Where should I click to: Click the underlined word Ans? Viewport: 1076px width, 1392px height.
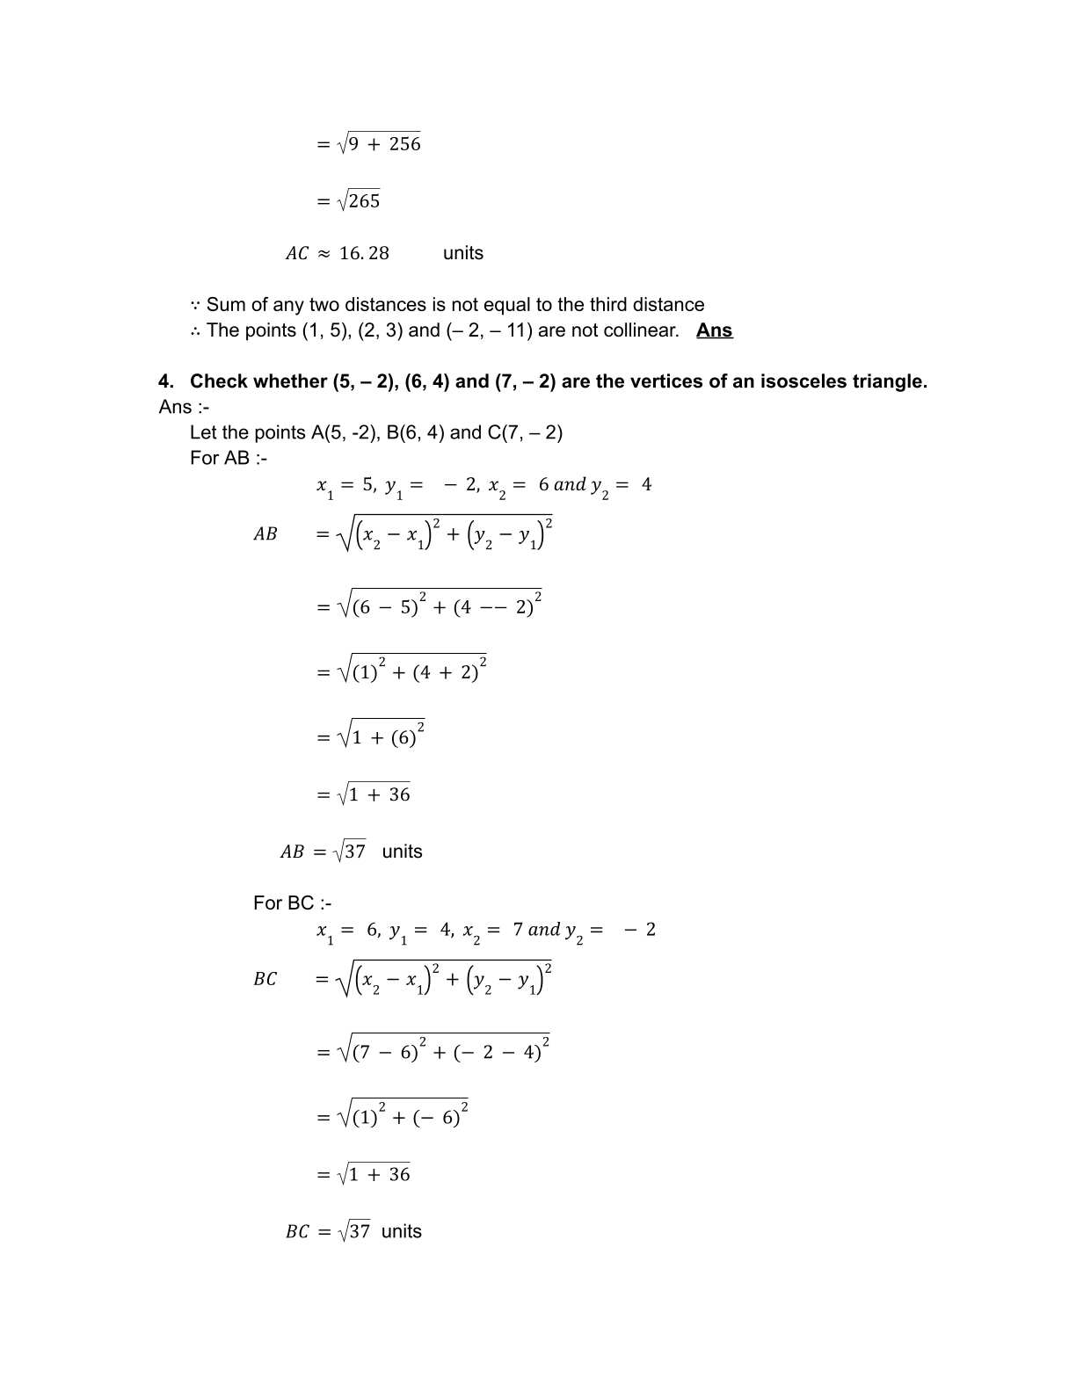coord(714,330)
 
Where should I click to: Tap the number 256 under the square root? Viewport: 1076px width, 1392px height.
coord(405,144)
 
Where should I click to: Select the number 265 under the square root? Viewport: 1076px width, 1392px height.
coord(364,201)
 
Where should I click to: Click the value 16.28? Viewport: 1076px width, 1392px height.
coord(364,253)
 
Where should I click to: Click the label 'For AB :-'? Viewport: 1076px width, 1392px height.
coord(229,458)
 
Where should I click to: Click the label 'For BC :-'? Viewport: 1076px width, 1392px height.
coord(292,903)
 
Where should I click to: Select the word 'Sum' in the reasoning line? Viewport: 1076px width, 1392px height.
coord(225,305)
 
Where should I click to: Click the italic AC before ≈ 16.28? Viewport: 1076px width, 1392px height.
coord(297,254)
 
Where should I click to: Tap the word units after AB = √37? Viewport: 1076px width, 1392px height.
coord(403,852)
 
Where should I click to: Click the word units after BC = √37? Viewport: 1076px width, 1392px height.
coord(402,1231)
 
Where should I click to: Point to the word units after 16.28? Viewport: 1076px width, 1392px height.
coord(463,253)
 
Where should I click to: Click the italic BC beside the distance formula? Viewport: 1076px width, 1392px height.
coord(265,979)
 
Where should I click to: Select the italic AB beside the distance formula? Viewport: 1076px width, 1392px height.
coord(265,534)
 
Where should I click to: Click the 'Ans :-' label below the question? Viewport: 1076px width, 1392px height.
coord(184,407)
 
